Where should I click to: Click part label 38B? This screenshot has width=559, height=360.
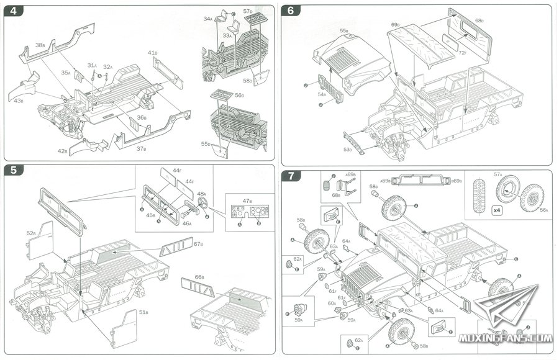40,45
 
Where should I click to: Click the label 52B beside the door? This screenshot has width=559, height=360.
30,233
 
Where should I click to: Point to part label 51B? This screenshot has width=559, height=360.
143,312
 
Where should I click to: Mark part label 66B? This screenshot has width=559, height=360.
199,277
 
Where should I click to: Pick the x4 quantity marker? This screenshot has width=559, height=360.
497,209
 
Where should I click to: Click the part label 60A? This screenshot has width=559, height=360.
332,303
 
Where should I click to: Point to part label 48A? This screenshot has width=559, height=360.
201,194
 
